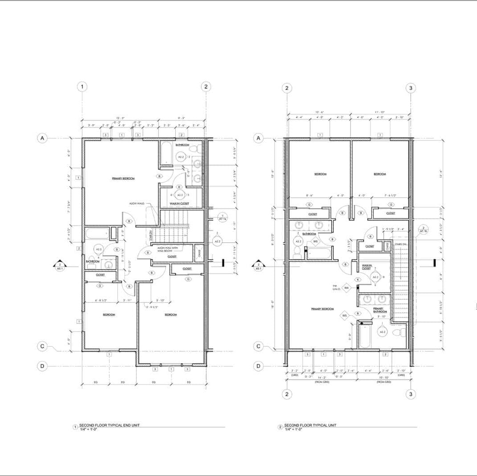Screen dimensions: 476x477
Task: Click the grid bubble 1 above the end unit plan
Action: pos(82,87)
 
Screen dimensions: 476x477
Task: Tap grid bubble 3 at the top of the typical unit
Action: pos(411,88)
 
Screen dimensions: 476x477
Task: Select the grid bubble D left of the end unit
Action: pos(42,366)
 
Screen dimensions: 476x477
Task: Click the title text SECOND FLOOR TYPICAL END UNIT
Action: pos(109,425)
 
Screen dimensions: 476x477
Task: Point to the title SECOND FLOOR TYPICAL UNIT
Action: pos(310,425)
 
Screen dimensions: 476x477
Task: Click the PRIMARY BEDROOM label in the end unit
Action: pos(123,178)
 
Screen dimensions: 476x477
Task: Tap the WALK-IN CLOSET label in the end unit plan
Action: pos(179,203)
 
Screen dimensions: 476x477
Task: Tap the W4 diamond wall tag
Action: pos(346,288)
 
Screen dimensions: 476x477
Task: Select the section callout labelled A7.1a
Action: pos(223,218)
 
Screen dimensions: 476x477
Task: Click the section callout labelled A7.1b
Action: pos(423,230)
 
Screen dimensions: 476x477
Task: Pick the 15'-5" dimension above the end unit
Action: pos(120,118)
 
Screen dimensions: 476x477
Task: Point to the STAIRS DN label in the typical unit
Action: pos(401,244)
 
